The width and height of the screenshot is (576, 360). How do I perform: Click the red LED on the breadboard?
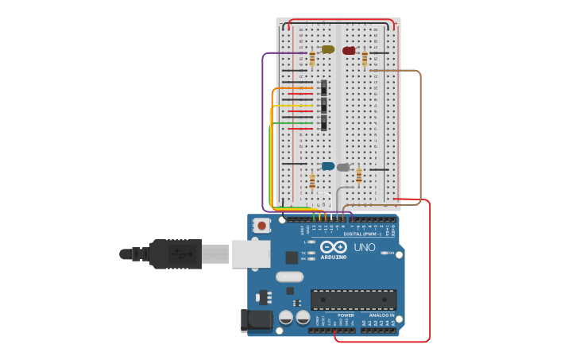tap(349, 51)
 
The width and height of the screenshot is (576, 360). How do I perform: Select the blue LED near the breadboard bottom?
tap(327, 166)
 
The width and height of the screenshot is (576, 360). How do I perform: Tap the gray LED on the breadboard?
tap(343, 168)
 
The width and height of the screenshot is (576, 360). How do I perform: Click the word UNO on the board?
tap(364, 247)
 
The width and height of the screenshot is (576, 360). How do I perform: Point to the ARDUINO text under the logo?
tap(334, 257)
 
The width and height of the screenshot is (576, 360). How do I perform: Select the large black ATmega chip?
tap(353, 300)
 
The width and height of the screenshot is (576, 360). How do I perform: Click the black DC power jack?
tap(252, 320)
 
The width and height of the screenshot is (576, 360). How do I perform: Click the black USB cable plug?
tap(176, 254)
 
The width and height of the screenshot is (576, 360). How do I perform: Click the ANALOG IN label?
tap(381, 315)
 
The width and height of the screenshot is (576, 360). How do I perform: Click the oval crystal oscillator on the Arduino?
tap(290, 277)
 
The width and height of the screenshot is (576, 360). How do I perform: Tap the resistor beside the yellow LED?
tap(312, 58)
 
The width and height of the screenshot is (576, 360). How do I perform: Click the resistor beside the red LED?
tap(365, 58)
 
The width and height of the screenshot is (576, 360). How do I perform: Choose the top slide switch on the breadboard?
tap(323, 87)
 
